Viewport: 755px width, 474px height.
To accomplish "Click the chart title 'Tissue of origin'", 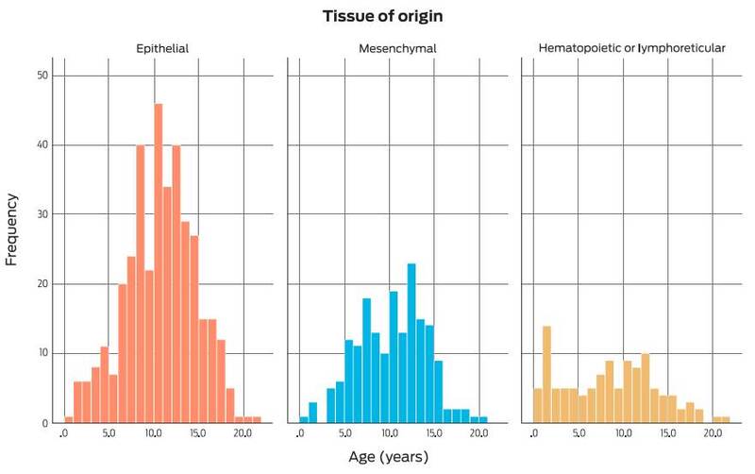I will coord(377,17).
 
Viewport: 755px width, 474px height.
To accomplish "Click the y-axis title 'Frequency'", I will coord(12,229).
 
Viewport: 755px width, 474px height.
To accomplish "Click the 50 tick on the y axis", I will coord(30,76).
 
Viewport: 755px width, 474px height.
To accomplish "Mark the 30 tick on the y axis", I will coord(30,214).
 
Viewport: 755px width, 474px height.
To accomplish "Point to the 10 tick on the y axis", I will coord(30,353).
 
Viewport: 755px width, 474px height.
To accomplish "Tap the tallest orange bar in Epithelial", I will coord(158,264).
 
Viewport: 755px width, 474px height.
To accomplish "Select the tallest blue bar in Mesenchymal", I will coord(411,344).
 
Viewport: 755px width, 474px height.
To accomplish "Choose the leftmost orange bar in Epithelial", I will coord(69,419).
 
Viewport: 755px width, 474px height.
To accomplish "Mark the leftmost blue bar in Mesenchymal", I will coord(304,419).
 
